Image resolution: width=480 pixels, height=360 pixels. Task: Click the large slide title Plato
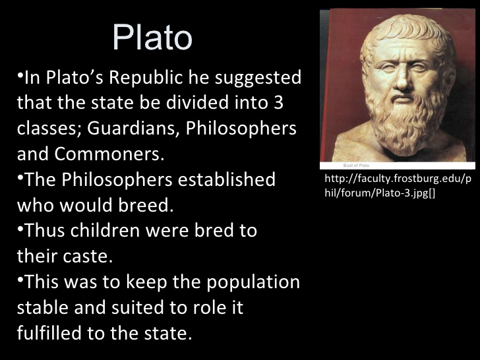(152, 38)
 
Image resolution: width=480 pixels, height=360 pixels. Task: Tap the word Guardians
(133, 128)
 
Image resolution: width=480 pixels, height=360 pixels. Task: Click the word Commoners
(109, 154)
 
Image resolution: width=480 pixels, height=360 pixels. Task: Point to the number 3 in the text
(278, 103)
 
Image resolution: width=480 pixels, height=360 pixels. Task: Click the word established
(227, 179)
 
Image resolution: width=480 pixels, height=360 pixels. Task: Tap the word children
(105, 230)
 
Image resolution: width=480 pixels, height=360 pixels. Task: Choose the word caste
(88, 256)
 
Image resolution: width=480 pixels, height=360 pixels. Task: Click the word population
(253, 283)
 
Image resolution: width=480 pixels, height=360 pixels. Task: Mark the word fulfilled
(49, 333)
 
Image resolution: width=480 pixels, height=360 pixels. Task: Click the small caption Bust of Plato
(356, 165)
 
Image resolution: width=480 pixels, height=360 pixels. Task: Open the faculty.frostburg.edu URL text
(398, 186)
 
